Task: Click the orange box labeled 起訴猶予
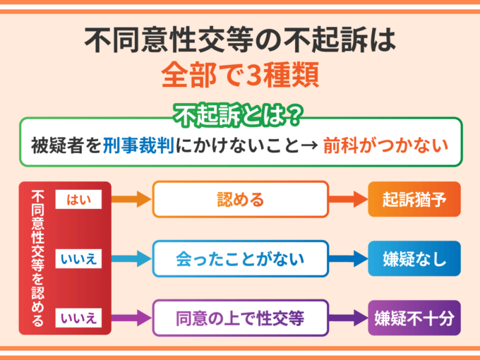pos(414,199)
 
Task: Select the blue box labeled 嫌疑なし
pos(414,258)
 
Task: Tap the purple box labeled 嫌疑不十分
pos(414,318)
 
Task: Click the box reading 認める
pos(241,199)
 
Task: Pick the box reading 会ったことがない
pos(241,258)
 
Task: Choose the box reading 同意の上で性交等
pos(241,318)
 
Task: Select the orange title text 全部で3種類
pos(240,74)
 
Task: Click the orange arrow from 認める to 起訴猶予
pos(349,200)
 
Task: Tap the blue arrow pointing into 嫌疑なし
pos(349,259)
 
